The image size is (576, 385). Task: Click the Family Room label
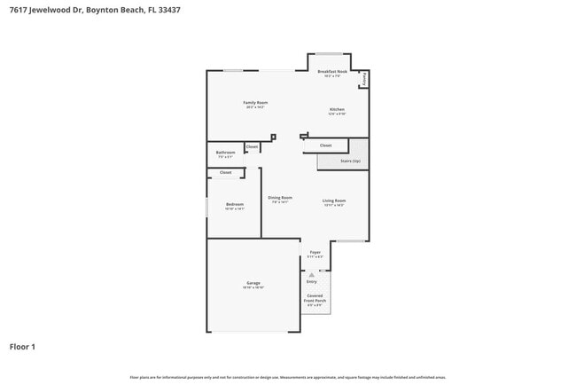point(255,103)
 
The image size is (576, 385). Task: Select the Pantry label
point(363,79)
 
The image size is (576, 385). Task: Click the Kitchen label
point(337,109)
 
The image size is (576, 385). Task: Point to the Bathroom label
point(225,153)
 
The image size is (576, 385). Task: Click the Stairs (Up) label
point(350,161)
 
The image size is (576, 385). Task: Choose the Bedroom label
point(234,204)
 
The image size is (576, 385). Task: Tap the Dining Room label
point(280,198)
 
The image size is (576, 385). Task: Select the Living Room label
point(333,201)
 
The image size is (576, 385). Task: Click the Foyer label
point(315,253)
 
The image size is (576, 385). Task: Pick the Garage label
point(253,283)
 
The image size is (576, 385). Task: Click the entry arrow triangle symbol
point(311,274)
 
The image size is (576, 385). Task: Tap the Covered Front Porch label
point(315,298)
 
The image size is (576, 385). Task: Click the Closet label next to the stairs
point(325,145)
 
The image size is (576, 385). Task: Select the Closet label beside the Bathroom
point(252,146)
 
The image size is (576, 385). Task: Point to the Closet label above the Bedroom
point(225,172)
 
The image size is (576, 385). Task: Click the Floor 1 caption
point(22,347)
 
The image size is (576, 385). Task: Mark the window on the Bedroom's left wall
point(207,207)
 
